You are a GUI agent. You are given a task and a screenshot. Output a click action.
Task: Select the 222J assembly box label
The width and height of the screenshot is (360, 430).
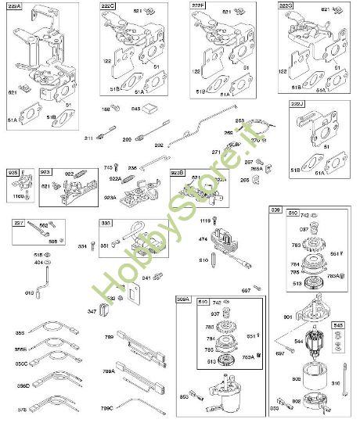297,105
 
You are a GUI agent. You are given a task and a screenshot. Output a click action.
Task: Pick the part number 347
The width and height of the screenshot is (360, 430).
92,312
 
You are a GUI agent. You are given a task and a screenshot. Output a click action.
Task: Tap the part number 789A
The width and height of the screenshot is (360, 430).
108,372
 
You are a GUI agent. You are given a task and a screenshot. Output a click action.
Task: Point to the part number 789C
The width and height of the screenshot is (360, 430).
108,407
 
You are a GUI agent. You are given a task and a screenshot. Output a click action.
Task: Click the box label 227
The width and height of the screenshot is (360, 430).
17,223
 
